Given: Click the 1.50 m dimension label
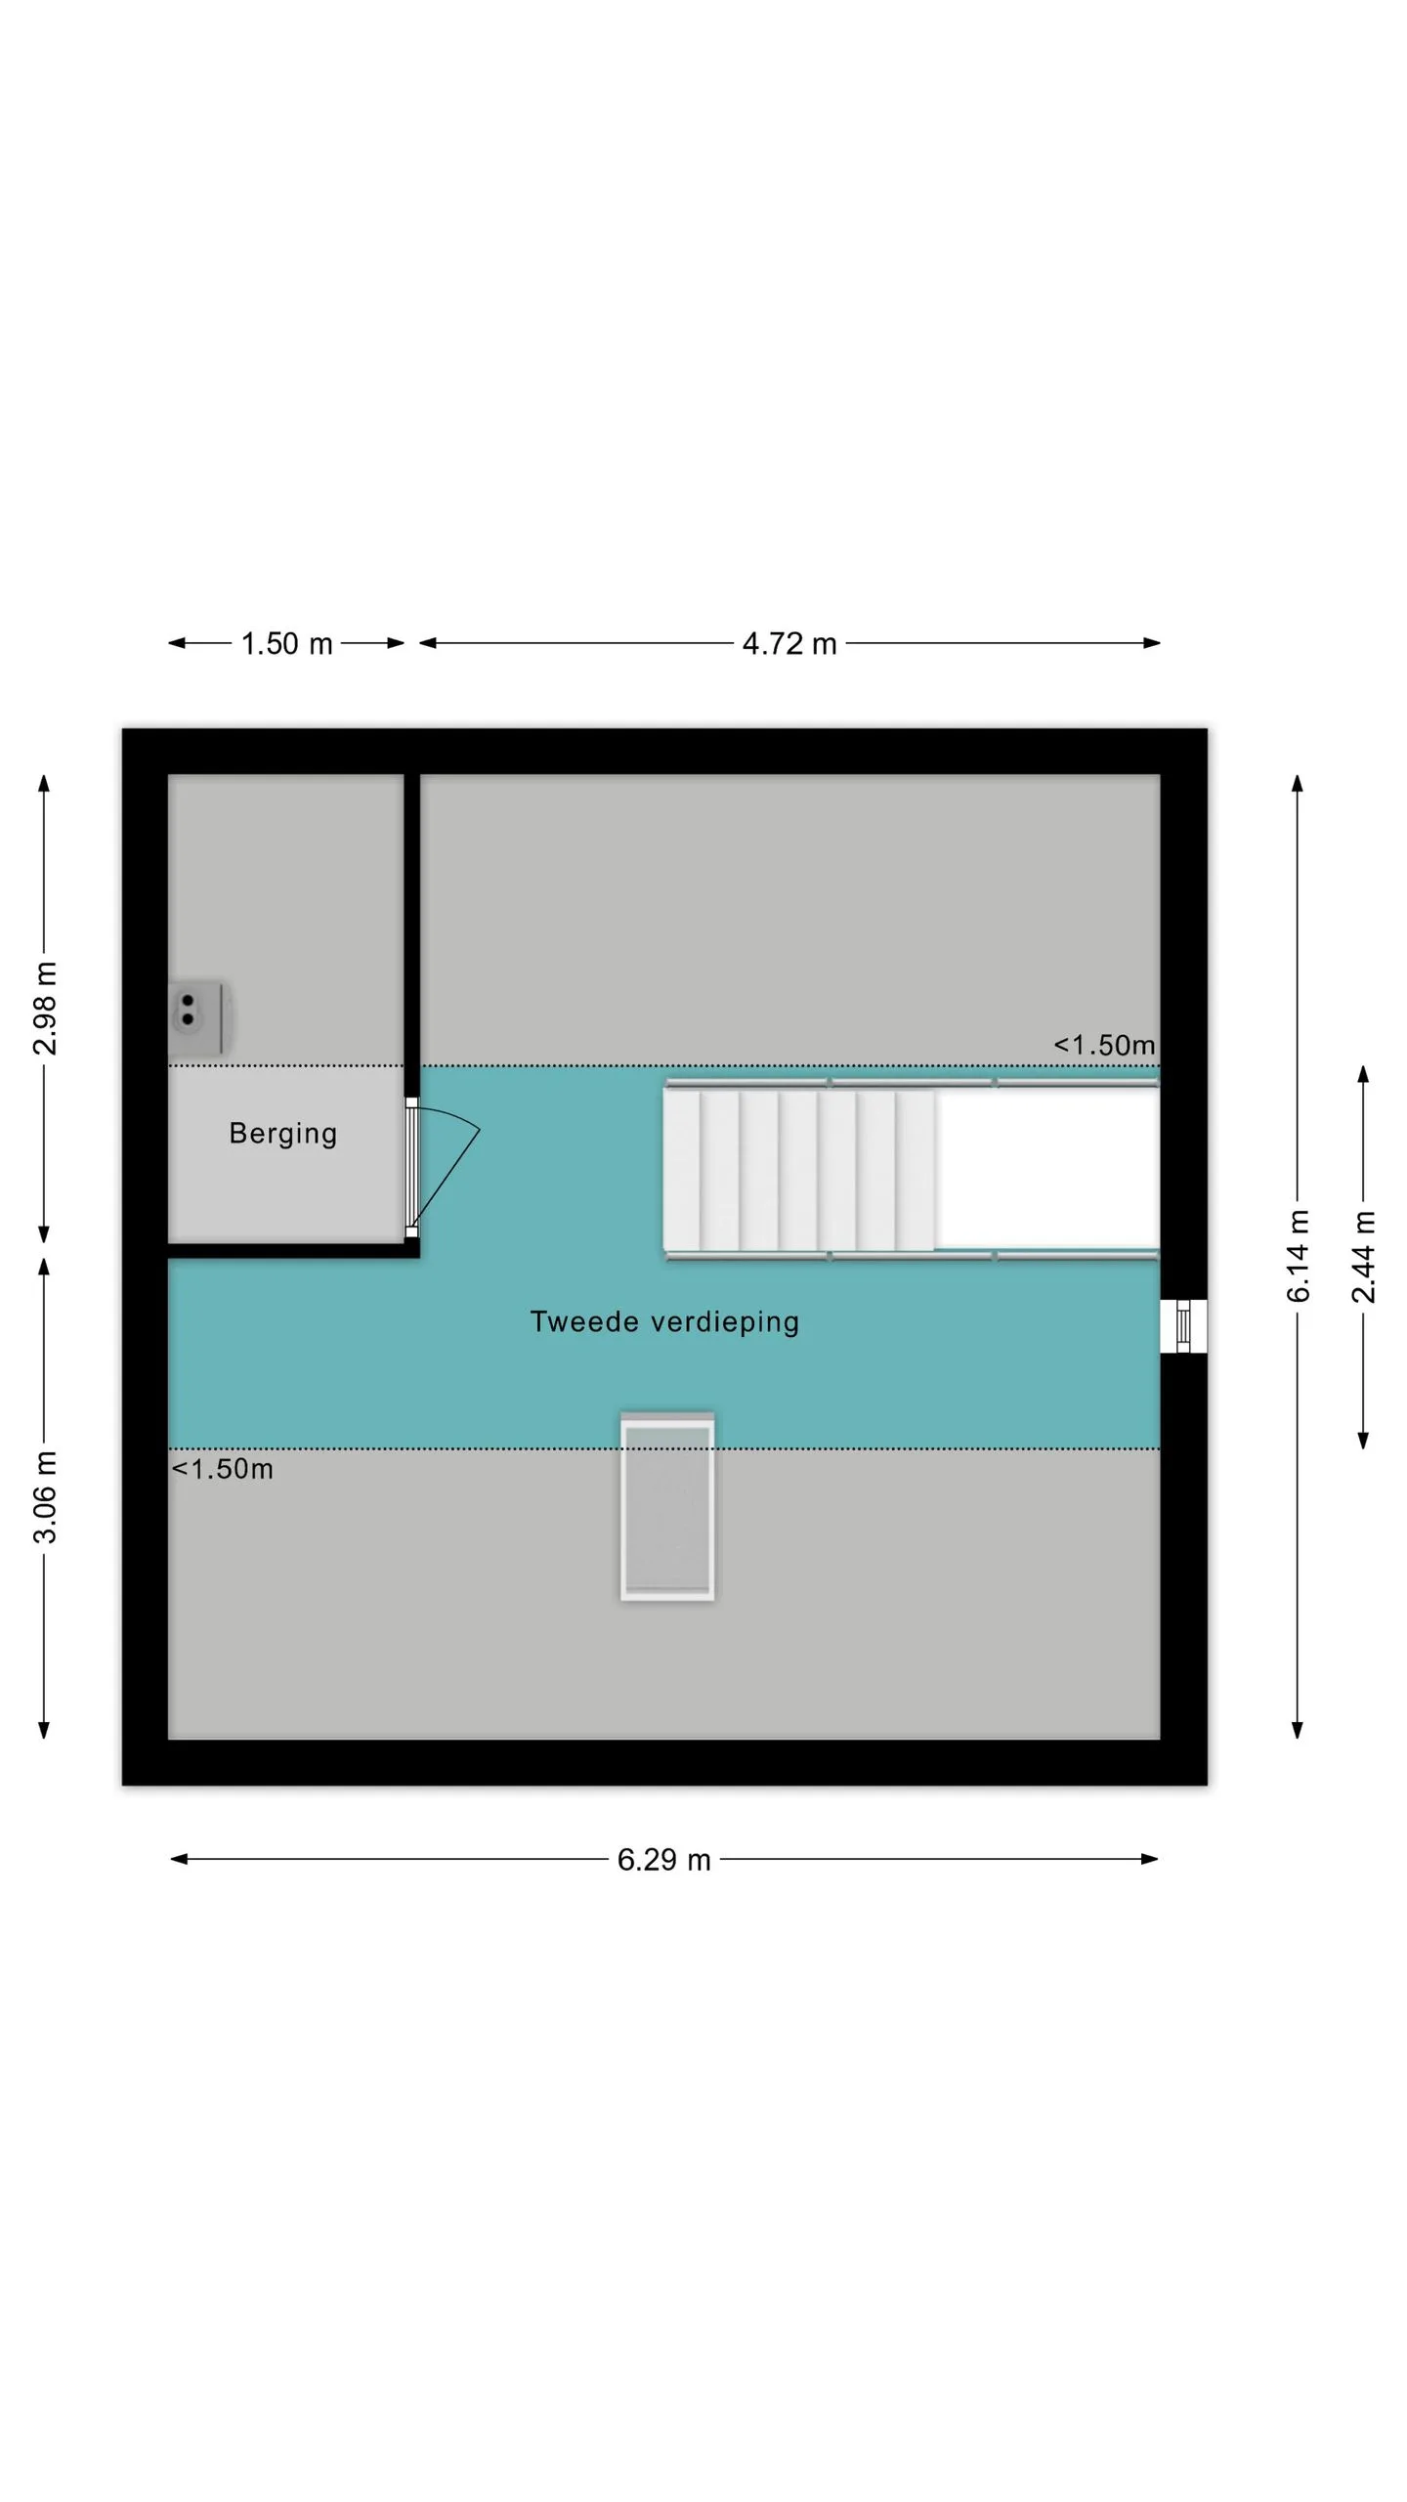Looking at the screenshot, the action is [x=287, y=643].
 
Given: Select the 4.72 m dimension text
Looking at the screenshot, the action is [x=789, y=643].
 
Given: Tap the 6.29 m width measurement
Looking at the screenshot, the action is [x=663, y=1859].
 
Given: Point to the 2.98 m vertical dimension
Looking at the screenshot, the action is [x=45, y=1008].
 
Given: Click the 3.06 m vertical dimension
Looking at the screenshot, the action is [x=45, y=1497].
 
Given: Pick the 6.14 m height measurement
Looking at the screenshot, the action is [x=1298, y=1256].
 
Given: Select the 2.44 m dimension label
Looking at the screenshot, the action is [x=1364, y=1256].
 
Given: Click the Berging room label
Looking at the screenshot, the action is [x=283, y=1134].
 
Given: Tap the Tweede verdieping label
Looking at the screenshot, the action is [x=664, y=1322].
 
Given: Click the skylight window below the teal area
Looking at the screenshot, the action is [x=667, y=1506].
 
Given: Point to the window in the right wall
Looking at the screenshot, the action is [x=1183, y=1326].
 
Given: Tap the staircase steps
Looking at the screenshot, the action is [x=798, y=1170].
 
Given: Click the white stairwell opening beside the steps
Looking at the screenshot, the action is [x=1046, y=1169].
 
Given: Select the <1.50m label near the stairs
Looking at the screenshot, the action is [x=1104, y=1046].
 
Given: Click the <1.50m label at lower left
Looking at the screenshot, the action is [x=223, y=1469].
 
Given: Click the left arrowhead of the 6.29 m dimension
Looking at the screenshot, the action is [x=179, y=1859].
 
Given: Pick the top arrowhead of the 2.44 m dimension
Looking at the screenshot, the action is [x=1364, y=1073].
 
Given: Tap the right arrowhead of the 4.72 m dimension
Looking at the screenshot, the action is [x=1152, y=643].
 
